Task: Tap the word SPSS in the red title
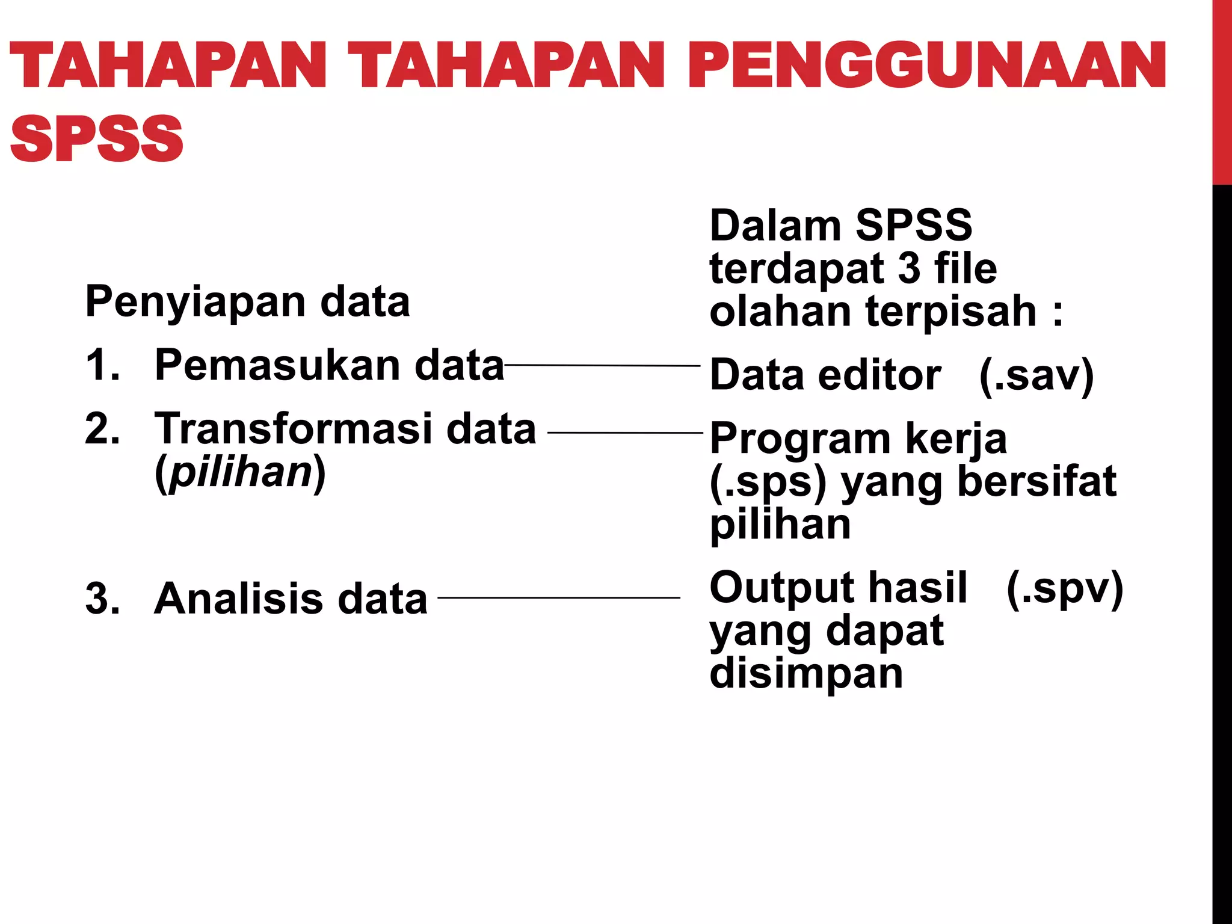coord(96,138)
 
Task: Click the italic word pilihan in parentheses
coord(241,473)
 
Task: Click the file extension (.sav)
coord(1036,375)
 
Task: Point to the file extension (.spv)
coord(1064,588)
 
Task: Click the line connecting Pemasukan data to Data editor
coord(602,365)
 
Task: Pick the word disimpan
coord(806,674)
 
